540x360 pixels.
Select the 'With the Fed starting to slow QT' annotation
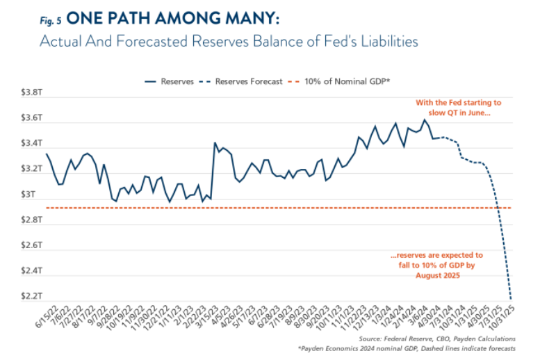tap(459, 108)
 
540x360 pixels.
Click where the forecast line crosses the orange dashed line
tap(498, 208)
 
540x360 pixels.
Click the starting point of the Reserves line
tap(47, 154)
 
